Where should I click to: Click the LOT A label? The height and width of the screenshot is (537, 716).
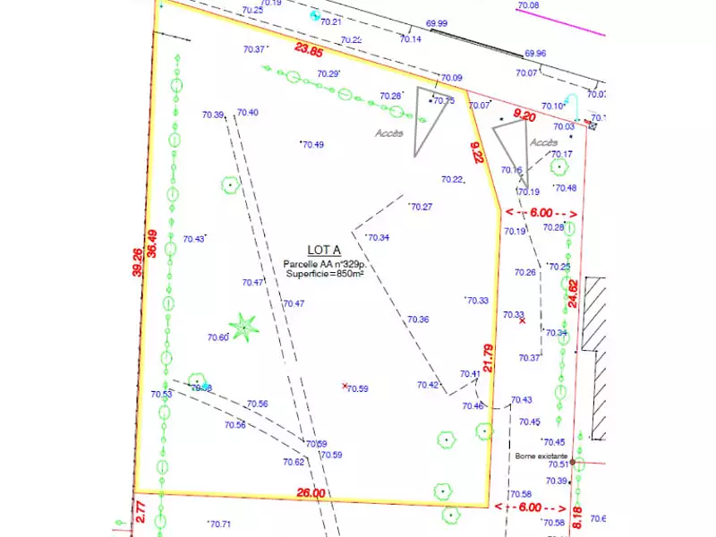(324, 251)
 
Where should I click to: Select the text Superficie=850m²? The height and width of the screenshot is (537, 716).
(324, 274)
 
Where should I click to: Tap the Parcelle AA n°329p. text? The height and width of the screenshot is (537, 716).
(324, 264)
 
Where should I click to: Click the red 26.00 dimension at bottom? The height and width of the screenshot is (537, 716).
(311, 493)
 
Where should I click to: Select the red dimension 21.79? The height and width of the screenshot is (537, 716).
(488, 358)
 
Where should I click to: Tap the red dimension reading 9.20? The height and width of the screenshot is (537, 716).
(524, 115)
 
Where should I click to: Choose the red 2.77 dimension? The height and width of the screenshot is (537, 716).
(140, 512)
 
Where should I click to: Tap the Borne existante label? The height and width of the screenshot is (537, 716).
(541, 456)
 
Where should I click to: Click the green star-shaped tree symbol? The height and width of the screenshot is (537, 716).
(243, 327)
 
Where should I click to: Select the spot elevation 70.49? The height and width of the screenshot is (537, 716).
(312, 145)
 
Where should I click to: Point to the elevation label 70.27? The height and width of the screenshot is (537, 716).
(421, 208)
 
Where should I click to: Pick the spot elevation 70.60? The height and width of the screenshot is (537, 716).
(218, 337)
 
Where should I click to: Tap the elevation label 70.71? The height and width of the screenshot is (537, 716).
(219, 524)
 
